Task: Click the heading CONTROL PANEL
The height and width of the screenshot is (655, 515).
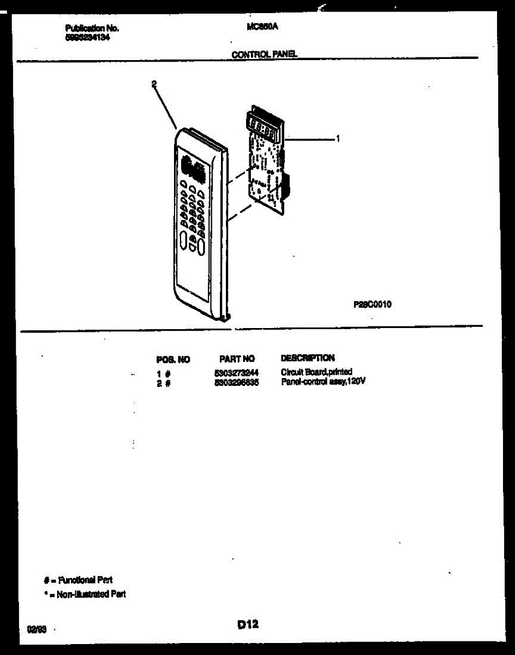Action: point(264,55)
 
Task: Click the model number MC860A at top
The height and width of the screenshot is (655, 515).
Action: point(259,26)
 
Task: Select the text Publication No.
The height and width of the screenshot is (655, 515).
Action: point(92,28)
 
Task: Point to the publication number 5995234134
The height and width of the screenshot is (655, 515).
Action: point(83,37)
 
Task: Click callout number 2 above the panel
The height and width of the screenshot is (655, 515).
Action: point(154,84)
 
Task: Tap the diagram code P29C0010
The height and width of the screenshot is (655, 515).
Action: point(372,305)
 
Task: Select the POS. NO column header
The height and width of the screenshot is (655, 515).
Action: point(173,359)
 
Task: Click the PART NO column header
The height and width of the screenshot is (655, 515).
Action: point(237,359)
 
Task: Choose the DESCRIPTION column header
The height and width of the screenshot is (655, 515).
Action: point(307,359)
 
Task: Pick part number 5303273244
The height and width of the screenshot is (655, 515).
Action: point(236,373)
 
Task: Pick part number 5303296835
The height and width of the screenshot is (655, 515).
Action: point(236,383)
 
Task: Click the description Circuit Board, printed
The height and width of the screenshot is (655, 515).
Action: point(316,373)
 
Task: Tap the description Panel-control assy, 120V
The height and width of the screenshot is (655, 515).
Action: point(322,382)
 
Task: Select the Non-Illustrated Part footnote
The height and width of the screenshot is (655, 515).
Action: point(85,594)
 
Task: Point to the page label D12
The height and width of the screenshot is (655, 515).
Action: point(248,625)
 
